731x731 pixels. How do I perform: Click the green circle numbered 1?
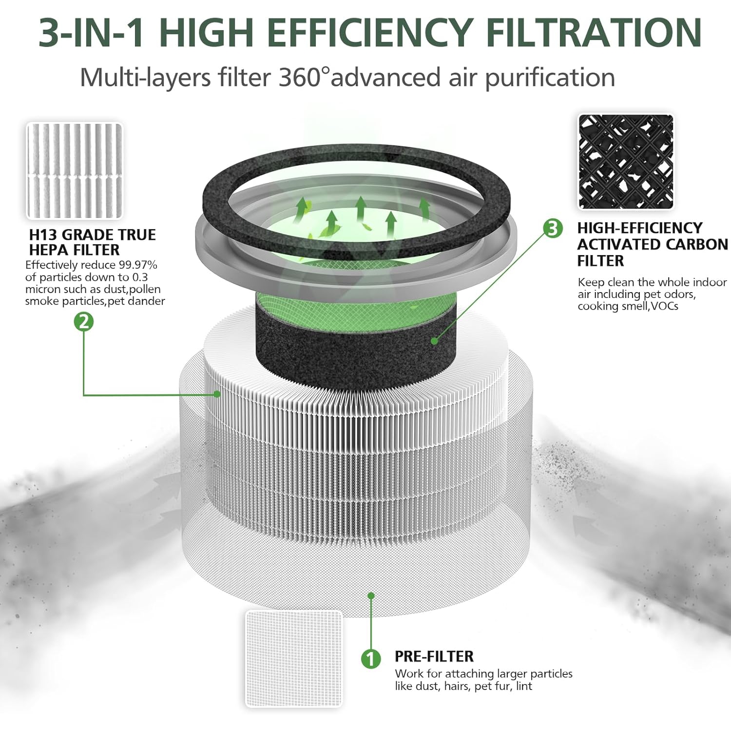coord(371,659)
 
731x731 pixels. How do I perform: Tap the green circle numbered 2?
coord(84,322)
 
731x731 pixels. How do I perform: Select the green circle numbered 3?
coord(552,228)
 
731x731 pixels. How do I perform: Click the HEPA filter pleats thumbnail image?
coord(74,171)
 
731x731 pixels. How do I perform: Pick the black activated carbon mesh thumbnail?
coord(626,162)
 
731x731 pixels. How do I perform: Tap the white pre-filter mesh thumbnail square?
coord(293,658)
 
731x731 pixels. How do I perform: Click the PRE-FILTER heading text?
coord(434,656)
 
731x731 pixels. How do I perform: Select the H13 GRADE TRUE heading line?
coord(92,235)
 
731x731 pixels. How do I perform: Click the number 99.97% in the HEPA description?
coord(138,265)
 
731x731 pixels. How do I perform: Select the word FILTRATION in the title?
coord(594,33)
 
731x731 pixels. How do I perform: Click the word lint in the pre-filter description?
coord(524,686)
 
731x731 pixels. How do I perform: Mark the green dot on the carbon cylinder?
coord(434,341)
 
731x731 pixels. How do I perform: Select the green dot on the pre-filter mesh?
coord(371,595)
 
